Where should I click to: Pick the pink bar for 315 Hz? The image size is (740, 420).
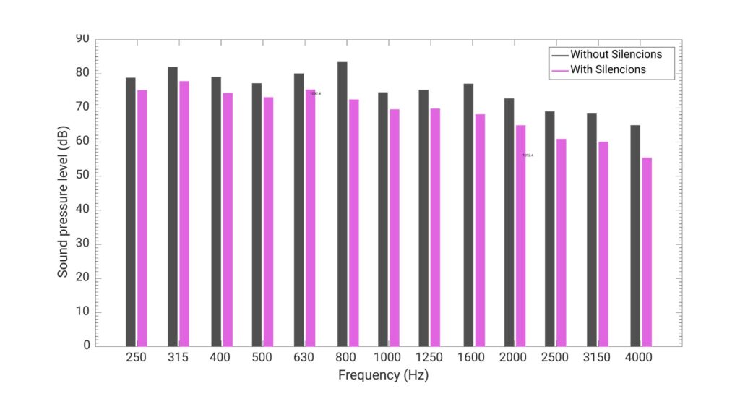click(184, 213)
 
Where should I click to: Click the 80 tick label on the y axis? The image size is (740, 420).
click(84, 73)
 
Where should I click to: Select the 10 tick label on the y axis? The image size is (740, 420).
click(84, 312)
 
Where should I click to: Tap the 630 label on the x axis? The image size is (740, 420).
click(305, 358)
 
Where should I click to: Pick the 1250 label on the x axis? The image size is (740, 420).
click(429, 358)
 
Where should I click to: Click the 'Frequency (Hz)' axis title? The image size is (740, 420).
click(383, 376)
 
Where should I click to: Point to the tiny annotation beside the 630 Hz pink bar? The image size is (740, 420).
click(315, 93)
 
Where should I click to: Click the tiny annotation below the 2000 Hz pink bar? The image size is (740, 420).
click(528, 155)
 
